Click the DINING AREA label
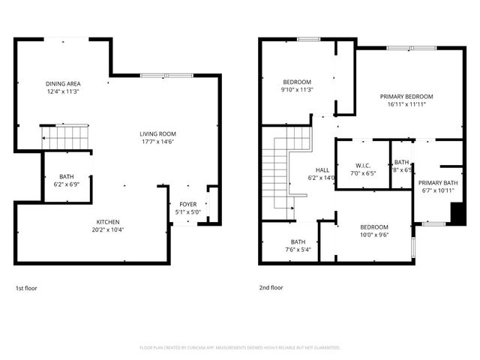(63, 83)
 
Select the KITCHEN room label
(107, 222)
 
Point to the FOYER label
(187, 204)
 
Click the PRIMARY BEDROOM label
(406, 97)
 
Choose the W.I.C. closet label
(362, 165)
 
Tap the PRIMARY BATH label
(438, 183)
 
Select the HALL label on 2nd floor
(322, 170)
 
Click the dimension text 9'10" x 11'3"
(297, 90)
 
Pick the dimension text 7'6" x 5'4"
(298, 250)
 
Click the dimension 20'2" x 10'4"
(107, 230)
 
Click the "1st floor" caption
(25, 288)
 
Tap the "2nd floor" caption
(271, 288)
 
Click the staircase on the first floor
(64, 137)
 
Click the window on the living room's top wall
(166, 75)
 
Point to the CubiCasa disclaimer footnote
(240, 348)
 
